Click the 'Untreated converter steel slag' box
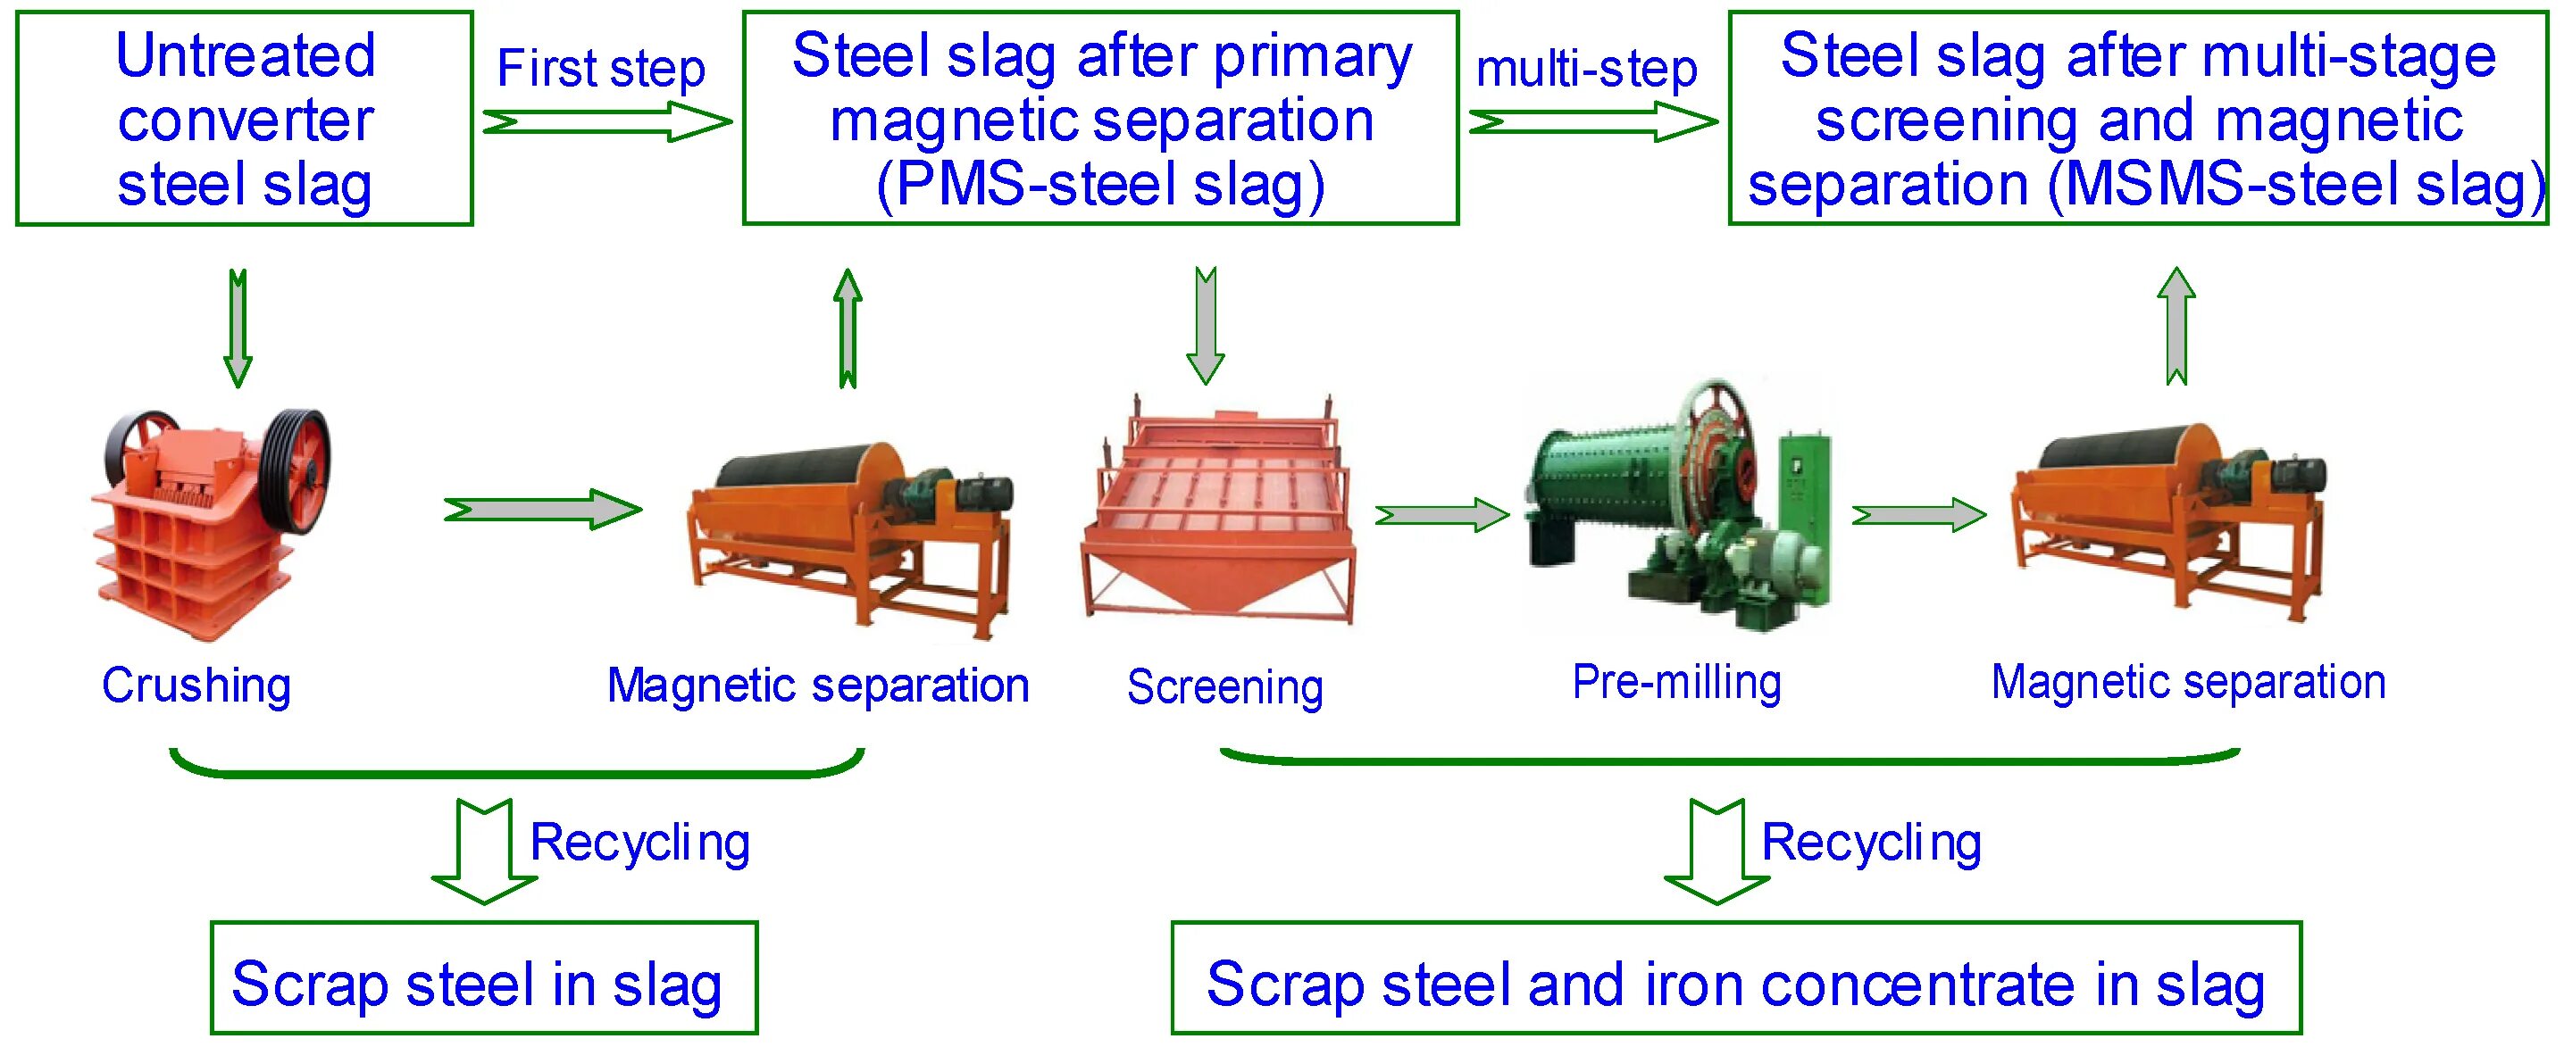(x=244, y=119)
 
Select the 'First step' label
(x=600, y=69)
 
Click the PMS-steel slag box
(x=1100, y=119)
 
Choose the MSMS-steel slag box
(x=2137, y=119)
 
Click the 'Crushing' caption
(x=196, y=686)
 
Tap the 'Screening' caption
(x=1224, y=686)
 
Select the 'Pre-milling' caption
(x=1676, y=683)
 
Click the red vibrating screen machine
(x=1219, y=518)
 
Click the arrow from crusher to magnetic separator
(x=542, y=510)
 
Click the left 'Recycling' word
(x=639, y=842)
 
